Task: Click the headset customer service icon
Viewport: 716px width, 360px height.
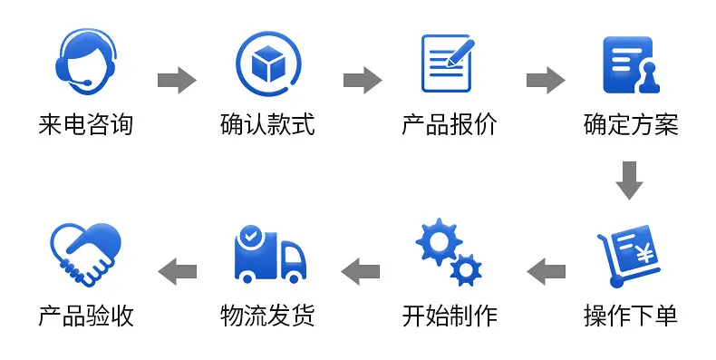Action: point(86,62)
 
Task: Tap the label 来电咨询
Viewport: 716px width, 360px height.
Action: point(86,125)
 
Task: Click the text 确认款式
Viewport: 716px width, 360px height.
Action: point(267,125)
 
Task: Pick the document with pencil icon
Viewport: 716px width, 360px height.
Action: point(448,63)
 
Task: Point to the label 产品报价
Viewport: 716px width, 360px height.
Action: point(450,125)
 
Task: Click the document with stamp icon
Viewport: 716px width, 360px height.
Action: point(631,64)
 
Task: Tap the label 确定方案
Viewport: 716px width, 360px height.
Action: point(631,125)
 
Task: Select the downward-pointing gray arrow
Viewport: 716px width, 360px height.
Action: point(629,180)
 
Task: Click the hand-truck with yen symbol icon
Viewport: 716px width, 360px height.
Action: point(628,256)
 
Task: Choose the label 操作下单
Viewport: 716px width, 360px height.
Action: point(631,316)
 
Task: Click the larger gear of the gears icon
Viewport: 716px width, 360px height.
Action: point(440,242)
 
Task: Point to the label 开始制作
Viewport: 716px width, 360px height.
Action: point(450,316)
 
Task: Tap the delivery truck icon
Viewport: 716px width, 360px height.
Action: point(269,255)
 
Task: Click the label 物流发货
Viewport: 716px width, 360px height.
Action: point(267,316)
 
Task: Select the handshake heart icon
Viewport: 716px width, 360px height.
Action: point(85,255)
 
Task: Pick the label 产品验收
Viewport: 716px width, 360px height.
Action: point(86,316)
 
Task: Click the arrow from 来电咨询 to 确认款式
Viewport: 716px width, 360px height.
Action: point(177,81)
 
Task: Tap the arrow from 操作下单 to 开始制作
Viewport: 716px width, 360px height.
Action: point(546,271)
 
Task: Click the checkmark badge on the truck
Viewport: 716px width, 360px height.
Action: point(250,236)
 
